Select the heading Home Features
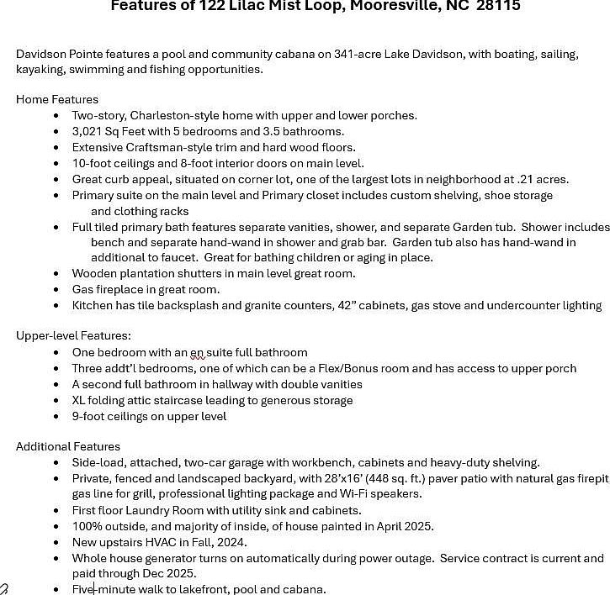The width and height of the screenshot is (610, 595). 57,99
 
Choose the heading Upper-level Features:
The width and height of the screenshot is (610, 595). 73,336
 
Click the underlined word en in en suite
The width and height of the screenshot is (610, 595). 197,352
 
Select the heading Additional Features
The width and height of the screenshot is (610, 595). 68,446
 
